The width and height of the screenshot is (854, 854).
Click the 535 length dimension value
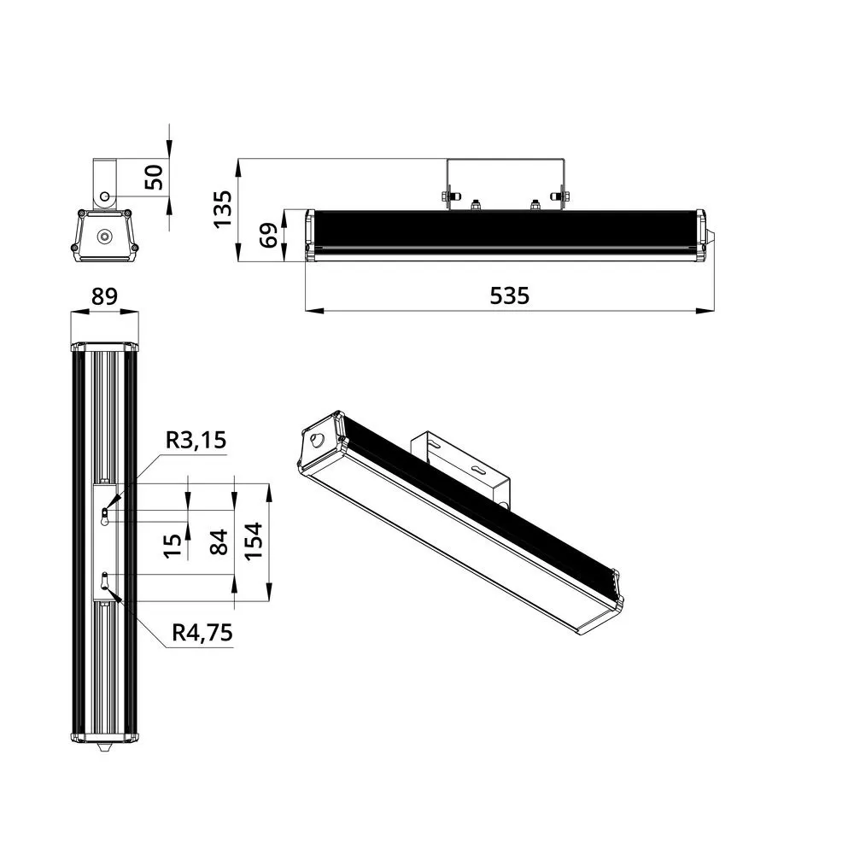point(509,295)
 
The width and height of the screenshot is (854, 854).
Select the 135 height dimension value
point(223,209)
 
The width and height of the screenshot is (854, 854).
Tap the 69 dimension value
point(268,236)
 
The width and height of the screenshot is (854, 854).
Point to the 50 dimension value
point(154,177)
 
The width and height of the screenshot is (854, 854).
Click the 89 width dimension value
point(104,297)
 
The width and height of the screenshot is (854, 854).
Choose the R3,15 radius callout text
point(196,440)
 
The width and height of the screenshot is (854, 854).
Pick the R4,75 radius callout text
point(202,633)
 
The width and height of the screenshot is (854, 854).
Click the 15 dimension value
point(173,546)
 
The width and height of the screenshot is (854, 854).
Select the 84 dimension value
point(219,542)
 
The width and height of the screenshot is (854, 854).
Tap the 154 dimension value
point(254,541)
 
